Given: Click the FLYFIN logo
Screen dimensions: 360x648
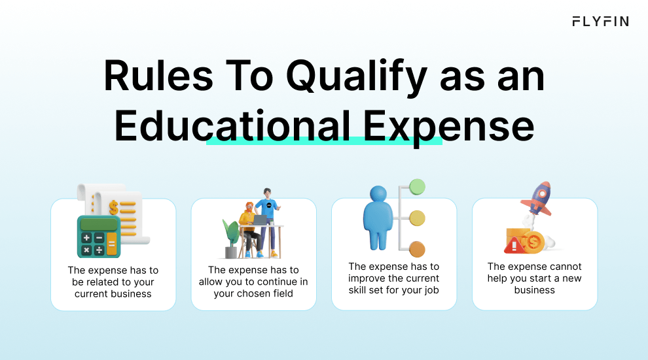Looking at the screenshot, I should pos(600,22).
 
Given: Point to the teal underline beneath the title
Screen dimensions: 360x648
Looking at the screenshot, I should pos(324,140).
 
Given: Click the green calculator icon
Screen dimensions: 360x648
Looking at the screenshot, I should pos(99,236).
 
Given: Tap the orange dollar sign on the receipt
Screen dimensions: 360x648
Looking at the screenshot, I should pos(114,208).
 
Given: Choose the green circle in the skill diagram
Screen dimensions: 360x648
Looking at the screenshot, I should pos(417,188).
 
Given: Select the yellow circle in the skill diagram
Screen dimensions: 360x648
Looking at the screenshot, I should pos(417,218).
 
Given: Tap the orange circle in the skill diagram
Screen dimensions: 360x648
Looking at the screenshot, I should pos(417,249).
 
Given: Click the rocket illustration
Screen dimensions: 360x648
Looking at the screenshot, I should pos(540,198).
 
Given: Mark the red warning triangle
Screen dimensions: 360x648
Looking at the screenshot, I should pos(513,246).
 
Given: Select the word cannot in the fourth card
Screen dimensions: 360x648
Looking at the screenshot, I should pos(564,267).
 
